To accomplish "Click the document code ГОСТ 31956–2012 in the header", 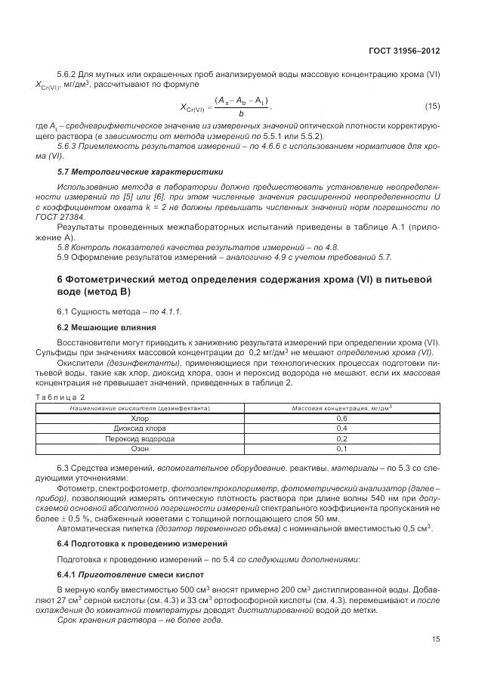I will (x=404, y=50).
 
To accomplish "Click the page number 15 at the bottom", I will (x=435, y=639).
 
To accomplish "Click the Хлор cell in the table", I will (x=140, y=418).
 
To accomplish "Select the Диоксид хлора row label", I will (x=140, y=428).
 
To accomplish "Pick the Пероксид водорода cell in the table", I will (x=140, y=438).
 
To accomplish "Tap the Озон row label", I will (x=140, y=448).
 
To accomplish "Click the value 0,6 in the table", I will (x=341, y=418).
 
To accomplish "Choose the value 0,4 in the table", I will (x=341, y=428).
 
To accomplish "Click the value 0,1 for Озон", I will (x=341, y=448).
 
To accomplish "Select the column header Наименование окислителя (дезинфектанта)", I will (x=140, y=408).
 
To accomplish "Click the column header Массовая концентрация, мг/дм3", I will (x=341, y=408).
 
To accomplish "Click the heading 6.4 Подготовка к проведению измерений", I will (x=138, y=544).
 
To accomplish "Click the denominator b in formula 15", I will (x=241, y=113).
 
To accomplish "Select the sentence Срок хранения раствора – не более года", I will (x=140, y=619).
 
